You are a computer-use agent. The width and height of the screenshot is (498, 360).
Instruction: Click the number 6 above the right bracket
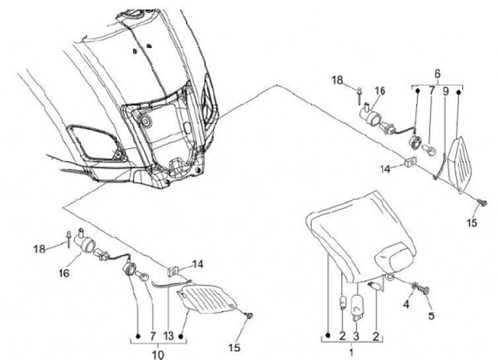tap(436, 74)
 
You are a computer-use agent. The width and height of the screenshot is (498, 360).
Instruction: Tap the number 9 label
tap(445, 91)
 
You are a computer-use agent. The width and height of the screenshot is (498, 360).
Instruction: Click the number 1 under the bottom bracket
tap(350, 352)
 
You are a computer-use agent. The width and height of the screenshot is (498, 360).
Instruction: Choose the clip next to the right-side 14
tap(411, 165)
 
